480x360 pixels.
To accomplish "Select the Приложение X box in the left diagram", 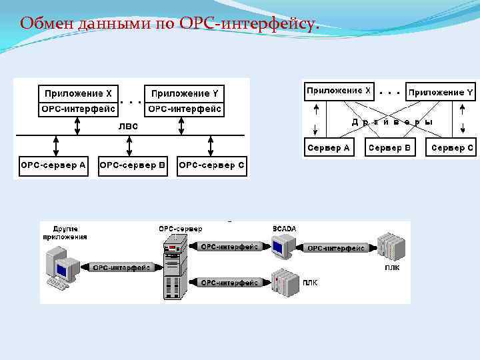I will [78, 93].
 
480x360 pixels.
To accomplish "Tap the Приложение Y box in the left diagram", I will [185, 93].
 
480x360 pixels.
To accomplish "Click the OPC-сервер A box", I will [53, 165].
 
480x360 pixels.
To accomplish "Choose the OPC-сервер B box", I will [132, 165].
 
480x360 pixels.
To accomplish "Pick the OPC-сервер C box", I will [212, 165].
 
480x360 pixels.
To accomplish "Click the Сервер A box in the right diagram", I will [328, 147].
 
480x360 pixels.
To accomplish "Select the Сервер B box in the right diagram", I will [390, 147].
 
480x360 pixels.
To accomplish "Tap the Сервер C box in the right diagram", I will [452, 147].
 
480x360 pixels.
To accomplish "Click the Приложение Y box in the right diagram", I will [441, 92].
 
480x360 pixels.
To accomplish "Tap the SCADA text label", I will [284, 229].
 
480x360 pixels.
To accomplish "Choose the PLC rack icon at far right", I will [391, 247].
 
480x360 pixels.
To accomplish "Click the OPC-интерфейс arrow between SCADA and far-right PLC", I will [335, 248].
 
